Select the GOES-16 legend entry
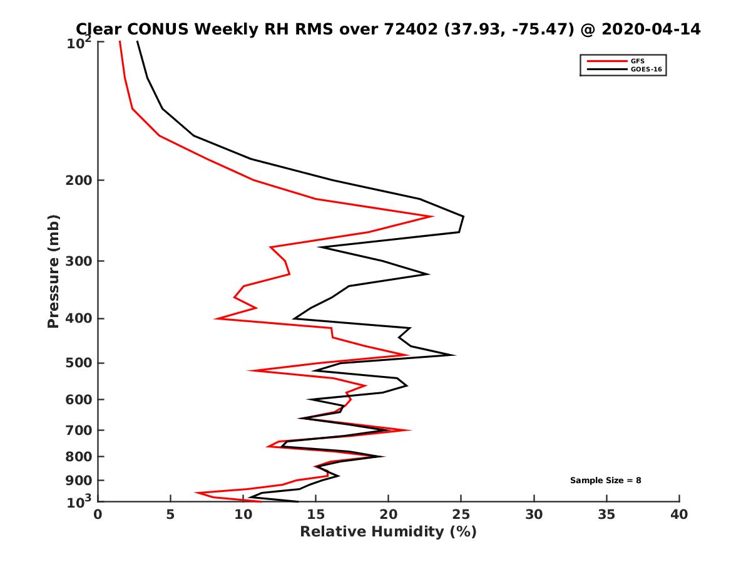[x=644, y=70]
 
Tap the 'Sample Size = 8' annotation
[x=605, y=481]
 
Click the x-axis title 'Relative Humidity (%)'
[x=388, y=532]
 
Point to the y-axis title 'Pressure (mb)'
[x=53, y=271]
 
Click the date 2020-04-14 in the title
[x=651, y=29]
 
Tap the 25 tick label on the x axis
[x=461, y=514]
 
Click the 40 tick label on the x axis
[x=679, y=514]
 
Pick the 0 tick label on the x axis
[x=98, y=514]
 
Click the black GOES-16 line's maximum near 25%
[x=463, y=217]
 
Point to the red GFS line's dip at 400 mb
[x=216, y=319]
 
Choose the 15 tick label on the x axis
[x=316, y=514]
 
